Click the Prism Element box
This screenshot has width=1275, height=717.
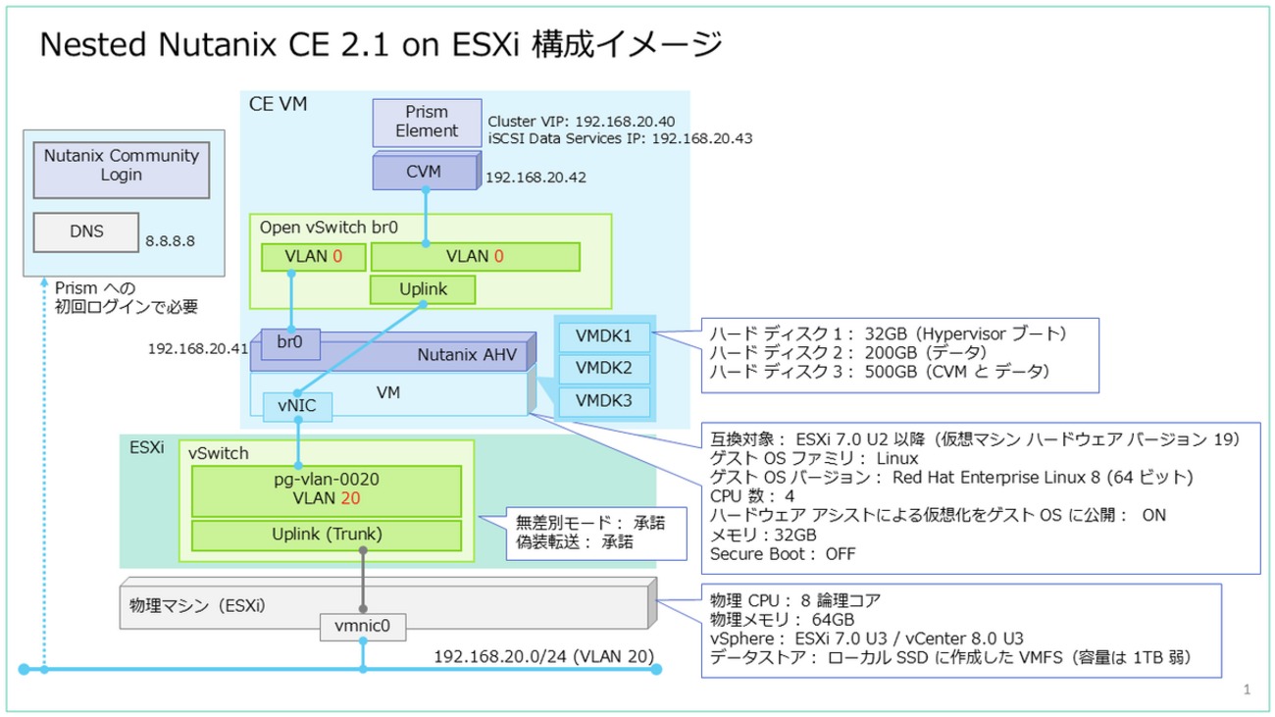click(x=427, y=122)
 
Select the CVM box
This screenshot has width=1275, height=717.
click(x=424, y=172)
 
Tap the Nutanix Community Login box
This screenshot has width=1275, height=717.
click(x=122, y=165)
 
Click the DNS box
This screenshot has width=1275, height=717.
click(x=85, y=232)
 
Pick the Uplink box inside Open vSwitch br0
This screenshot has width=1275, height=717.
click(x=423, y=289)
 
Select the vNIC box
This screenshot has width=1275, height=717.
click(x=296, y=406)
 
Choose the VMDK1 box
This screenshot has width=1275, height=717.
click(x=602, y=337)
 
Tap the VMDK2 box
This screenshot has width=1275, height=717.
click(x=602, y=369)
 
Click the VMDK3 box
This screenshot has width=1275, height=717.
click(x=602, y=401)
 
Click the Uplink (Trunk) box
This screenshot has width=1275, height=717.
click(x=326, y=535)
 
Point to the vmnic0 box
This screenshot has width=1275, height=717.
click(x=363, y=625)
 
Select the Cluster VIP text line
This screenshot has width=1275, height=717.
click(x=582, y=121)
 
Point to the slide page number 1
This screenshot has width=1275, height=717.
click(x=1247, y=690)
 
